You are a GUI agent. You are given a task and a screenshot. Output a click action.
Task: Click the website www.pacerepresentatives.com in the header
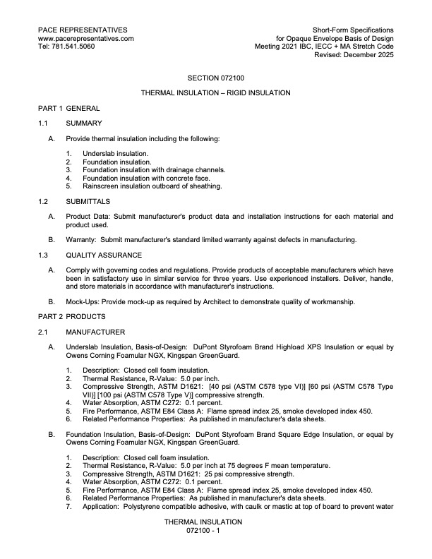pos(85,38)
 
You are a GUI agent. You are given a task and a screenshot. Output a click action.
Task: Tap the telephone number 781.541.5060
pos(76,47)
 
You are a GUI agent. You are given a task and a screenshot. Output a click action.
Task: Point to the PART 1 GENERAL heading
pos(68,108)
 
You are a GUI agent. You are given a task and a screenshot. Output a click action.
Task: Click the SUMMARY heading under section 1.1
pos(84,124)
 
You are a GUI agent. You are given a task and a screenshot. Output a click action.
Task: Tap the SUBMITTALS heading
pos(89,201)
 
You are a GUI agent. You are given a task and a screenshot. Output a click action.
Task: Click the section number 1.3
pos(42,255)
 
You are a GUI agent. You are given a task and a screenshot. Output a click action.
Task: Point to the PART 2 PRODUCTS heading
pos(71,316)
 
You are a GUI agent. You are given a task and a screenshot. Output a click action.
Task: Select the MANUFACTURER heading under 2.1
pos(95,332)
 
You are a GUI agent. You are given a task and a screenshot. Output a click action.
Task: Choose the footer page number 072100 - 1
pos(203,530)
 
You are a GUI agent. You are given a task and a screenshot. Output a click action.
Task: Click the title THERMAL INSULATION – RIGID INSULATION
pos(216,92)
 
